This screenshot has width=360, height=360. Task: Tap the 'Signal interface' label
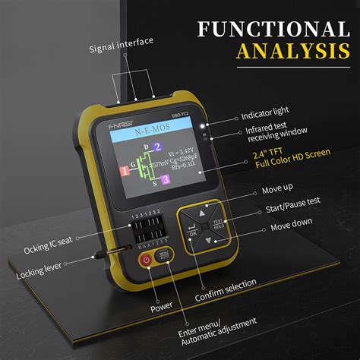(121, 41)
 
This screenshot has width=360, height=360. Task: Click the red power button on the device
(145, 259)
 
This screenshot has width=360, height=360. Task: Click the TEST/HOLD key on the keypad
(219, 224)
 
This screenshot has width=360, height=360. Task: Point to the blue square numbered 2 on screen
(156, 147)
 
